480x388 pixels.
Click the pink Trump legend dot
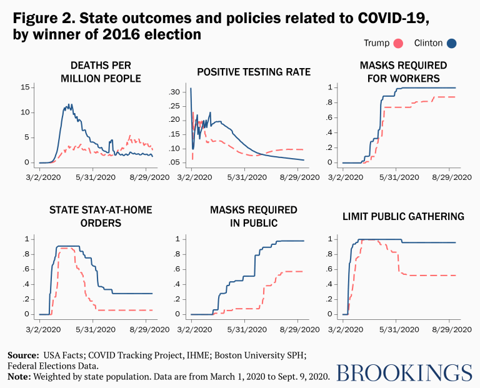click(x=396, y=43)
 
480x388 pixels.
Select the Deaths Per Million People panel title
click(x=97, y=72)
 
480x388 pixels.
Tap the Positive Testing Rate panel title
click(x=253, y=72)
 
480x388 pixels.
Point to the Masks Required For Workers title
click(x=403, y=72)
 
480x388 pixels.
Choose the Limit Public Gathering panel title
click(x=403, y=216)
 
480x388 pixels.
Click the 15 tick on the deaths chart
click(x=26, y=87)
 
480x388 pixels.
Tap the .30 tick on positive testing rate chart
click(x=177, y=92)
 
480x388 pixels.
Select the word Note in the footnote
click(x=19, y=377)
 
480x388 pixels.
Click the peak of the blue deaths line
click(x=69, y=105)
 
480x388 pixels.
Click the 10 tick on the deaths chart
click(x=26, y=112)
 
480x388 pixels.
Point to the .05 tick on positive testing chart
click(x=177, y=162)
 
